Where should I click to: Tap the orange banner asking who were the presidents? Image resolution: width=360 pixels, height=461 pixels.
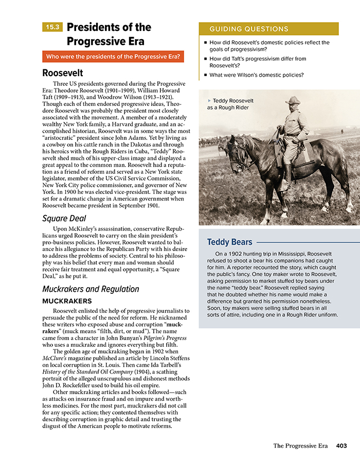tap(113, 57)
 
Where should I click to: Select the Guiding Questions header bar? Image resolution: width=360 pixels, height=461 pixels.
tap(268, 29)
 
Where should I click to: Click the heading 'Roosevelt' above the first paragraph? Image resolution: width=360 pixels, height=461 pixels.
tap(63, 73)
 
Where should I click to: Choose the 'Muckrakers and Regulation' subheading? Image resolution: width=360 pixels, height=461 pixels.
tap(91, 289)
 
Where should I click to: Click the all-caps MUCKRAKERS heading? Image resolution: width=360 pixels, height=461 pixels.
tap(67, 301)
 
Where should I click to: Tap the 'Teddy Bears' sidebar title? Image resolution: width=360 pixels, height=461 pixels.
tap(229, 242)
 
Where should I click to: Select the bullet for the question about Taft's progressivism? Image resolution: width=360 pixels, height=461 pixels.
tap(205, 59)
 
